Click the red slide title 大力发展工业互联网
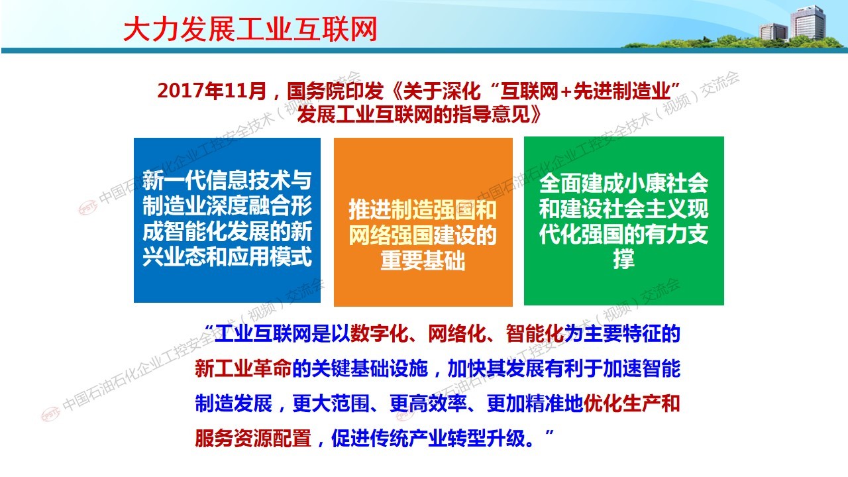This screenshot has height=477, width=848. pos(250,29)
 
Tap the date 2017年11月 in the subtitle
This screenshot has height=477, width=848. pos(211,91)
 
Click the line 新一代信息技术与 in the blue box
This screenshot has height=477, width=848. pos(227,180)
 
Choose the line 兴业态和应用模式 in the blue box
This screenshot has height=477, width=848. pos(227,256)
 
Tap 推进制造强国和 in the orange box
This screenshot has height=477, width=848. pos(423,209)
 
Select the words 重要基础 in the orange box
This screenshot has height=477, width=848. pos(423,260)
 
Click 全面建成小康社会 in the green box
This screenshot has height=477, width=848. pos(623,184)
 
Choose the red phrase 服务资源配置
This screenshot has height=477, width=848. pos(253,439)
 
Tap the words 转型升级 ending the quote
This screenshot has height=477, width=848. pos(486,439)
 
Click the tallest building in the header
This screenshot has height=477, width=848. pos(808,23)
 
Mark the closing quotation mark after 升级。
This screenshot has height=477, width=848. pos(550,433)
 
